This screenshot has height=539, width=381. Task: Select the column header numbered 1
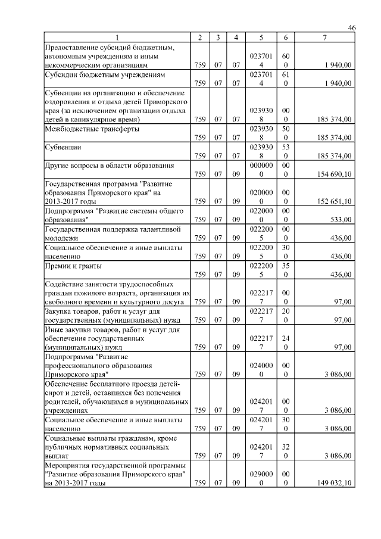tap(117, 38)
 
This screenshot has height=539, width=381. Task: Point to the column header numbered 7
tap(324, 38)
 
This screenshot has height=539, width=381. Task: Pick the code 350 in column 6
tap(286, 270)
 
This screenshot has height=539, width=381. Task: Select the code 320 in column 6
tap(286, 451)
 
